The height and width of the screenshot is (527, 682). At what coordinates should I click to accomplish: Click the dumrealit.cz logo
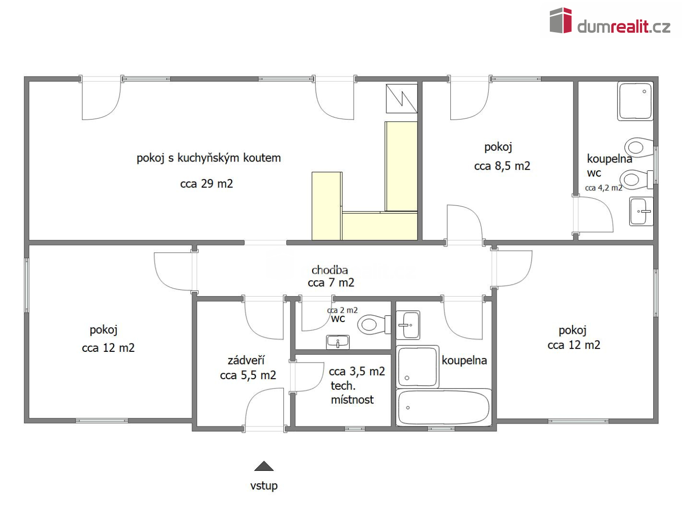tap(610, 20)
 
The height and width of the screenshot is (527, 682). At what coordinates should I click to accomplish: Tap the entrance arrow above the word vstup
tap(264, 466)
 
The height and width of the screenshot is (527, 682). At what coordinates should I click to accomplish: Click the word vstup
tap(264, 486)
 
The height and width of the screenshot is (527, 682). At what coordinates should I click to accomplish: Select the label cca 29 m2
tap(206, 183)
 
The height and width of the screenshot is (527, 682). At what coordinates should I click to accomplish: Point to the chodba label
tap(330, 270)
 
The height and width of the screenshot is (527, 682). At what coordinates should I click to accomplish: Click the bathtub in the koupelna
tap(443, 407)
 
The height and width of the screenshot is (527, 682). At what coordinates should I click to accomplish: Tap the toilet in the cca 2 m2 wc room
tap(374, 324)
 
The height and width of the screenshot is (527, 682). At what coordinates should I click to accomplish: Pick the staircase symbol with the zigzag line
tap(401, 98)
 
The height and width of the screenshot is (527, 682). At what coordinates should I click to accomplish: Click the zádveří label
tap(246, 360)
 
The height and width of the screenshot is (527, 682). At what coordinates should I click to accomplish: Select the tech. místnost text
tap(352, 393)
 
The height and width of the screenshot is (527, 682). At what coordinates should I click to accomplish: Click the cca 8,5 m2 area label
tap(502, 166)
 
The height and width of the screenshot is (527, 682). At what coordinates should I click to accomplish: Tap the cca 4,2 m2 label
tap(603, 188)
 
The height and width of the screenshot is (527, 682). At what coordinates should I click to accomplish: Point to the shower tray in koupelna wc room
tap(635, 101)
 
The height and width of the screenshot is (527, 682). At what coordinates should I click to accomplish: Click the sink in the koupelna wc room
tap(641, 211)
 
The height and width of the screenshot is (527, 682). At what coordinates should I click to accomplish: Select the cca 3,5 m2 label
tap(357, 372)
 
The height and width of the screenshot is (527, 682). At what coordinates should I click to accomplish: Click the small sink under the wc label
tap(338, 343)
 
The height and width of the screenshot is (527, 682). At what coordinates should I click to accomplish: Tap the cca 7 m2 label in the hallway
tap(331, 283)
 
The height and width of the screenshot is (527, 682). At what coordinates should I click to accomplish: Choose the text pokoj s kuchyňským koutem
tap(209, 158)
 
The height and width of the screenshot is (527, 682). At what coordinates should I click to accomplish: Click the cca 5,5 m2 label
tap(248, 375)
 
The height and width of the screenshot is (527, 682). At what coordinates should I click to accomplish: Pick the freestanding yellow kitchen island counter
tap(327, 206)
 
